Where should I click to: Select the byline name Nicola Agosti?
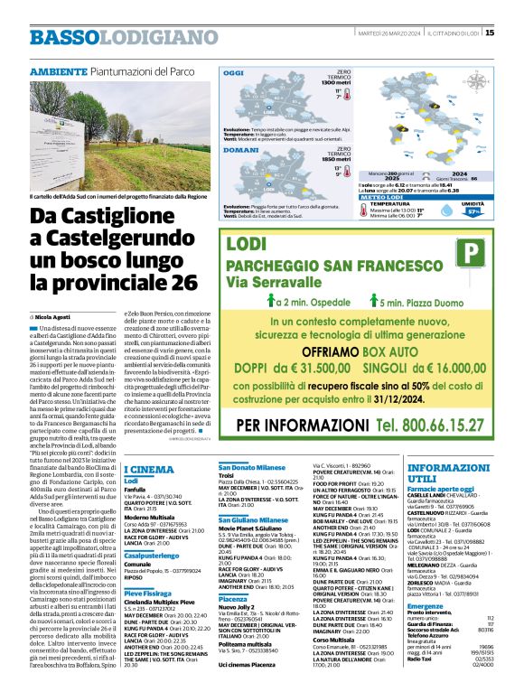pyautogui.click(x=55, y=318)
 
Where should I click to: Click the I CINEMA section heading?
pyautogui.click(x=148, y=470)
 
